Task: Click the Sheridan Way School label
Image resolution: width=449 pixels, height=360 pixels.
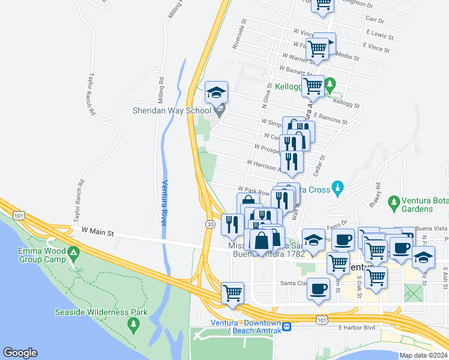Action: [172, 110]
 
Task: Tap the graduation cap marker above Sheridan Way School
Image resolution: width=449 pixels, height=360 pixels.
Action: [217, 94]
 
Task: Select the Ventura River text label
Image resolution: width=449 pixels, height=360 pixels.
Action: [164, 203]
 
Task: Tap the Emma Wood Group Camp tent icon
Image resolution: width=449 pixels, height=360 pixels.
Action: [74, 253]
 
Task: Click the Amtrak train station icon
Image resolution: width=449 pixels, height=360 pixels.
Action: [287, 327]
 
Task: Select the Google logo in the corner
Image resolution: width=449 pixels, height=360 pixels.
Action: [20, 353]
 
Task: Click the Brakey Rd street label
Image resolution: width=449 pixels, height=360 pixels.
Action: [377, 193]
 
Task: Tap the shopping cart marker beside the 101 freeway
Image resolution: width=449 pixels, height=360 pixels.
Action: [232, 294]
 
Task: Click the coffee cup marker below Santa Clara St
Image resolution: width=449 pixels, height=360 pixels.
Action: [318, 289]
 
